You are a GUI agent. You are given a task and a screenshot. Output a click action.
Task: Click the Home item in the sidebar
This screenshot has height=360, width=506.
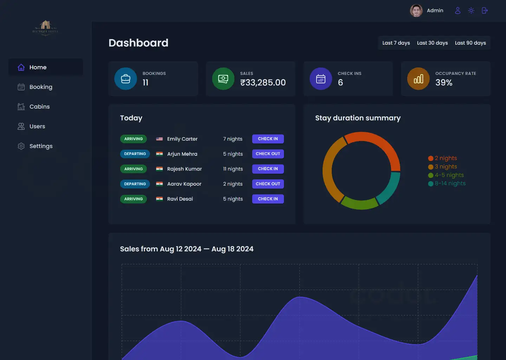[x=38, y=67]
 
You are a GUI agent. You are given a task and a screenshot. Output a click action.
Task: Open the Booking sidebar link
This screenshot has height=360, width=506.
[x=40, y=87]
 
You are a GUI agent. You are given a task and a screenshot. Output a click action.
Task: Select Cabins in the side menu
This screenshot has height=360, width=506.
[x=39, y=107]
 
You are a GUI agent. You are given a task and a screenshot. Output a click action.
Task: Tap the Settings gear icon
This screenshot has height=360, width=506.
[x=21, y=146]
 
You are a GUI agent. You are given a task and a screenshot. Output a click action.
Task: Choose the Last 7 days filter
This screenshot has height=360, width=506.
[x=396, y=43]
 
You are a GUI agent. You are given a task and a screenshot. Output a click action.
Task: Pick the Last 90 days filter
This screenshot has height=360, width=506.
[x=470, y=43]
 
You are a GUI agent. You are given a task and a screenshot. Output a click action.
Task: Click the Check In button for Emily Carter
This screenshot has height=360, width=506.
[x=268, y=139]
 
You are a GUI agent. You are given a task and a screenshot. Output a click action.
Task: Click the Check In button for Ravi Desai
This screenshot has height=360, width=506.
[x=268, y=199]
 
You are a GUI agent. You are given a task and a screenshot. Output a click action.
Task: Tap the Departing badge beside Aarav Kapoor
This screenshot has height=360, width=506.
[x=135, y=184]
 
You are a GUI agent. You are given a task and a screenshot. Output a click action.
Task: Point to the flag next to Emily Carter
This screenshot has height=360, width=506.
[x=160, y=139]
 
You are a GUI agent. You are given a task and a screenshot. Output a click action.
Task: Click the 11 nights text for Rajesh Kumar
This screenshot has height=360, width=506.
[x=233, y=169]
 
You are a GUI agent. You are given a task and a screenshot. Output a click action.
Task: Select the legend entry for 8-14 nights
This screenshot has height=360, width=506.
[x=447, y=184]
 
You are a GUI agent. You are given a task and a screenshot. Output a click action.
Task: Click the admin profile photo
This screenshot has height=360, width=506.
[x=416, y=11]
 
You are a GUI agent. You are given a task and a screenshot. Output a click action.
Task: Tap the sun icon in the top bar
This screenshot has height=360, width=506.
[x=471, y=11]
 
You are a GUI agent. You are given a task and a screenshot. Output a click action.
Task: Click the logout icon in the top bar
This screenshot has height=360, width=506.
[x=485, y=11]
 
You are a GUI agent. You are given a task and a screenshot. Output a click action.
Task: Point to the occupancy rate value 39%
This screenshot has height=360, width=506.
[x=444, y=83]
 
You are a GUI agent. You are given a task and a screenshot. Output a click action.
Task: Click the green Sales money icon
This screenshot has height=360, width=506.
[x=223, y=79]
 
